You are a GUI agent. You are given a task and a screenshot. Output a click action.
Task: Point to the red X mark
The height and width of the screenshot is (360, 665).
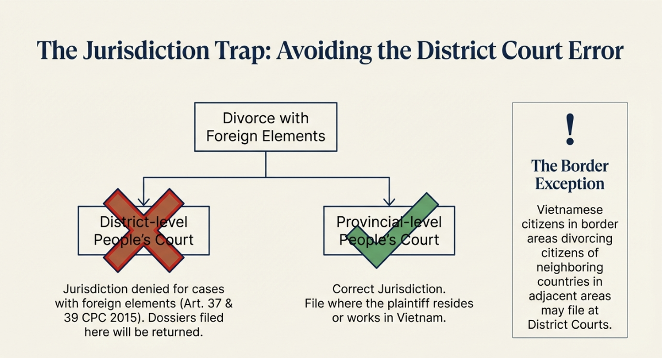click(144, 230)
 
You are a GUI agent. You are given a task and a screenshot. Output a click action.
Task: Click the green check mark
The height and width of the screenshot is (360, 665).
click(393, 230)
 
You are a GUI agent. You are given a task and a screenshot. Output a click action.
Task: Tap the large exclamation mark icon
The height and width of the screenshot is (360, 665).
click(570, 129)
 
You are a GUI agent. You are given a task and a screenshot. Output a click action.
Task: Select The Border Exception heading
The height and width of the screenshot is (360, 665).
click(570, 175)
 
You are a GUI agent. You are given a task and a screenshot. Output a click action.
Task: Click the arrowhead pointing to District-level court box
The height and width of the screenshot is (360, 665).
click(144, 202)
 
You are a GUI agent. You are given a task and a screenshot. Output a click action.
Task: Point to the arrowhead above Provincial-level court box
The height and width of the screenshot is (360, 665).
click(389, 202)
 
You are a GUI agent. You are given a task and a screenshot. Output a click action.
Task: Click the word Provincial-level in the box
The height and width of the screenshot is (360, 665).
click(389, 222)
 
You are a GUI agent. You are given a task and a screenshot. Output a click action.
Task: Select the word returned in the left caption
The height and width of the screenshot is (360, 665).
click(180, 332)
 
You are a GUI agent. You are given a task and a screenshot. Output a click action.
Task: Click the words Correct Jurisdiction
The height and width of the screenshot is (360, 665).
click(389, 289)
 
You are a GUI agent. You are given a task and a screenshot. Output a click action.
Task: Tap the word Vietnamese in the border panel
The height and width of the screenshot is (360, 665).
click(570, 210)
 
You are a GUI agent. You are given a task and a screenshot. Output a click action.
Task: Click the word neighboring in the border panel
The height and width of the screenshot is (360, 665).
click(570, 268)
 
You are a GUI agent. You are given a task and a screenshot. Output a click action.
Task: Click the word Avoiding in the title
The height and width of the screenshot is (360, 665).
click(324, 51)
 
